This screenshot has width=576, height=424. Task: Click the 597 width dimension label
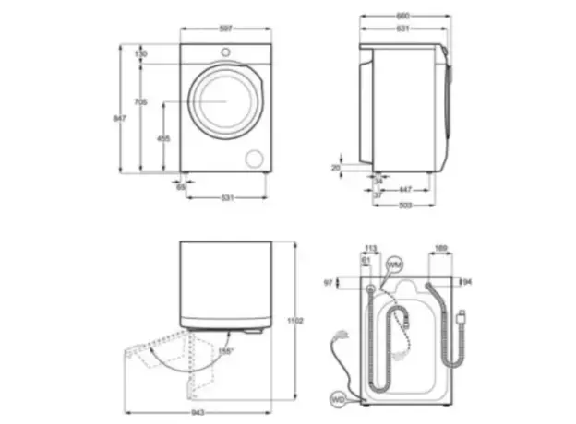click(x=226, y=30)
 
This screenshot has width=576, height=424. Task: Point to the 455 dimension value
click(x=162, y=138)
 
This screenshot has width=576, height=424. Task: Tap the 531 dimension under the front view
click(x=226, y=198)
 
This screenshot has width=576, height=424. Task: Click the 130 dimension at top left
click(x=140, y=54)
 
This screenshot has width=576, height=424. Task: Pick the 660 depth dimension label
click(x=403, y=17)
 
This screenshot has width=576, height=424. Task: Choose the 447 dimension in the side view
click(x=405, y=187)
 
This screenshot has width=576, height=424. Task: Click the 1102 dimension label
click(x=294, y=320)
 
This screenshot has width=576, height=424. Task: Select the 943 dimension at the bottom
click(x=199, y=412)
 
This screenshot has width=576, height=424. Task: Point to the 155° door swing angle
click(x=225, y=351)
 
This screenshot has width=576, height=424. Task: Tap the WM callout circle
click(x=395, y=265)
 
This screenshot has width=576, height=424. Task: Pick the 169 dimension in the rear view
click(x=440, y=248)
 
